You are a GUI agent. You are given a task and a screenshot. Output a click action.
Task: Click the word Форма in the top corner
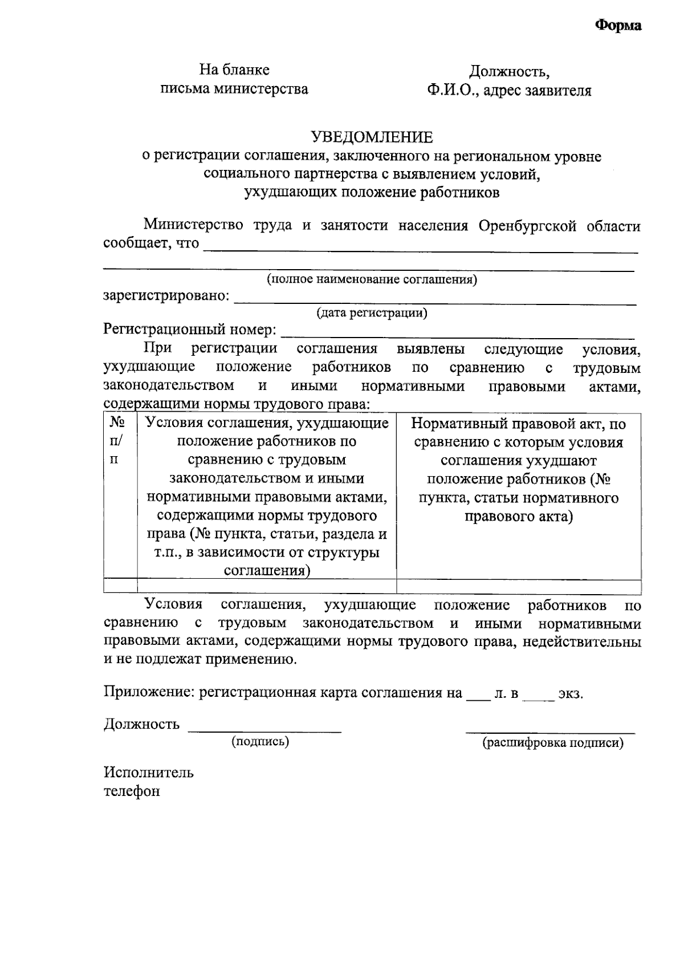[x=618, y=26]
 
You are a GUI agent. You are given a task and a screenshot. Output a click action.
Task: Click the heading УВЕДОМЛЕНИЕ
[x=372, y=137]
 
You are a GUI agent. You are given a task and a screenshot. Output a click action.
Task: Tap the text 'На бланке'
[x=234, y=70]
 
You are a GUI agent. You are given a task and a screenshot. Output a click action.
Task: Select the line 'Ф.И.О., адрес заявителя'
[x=510, y=91]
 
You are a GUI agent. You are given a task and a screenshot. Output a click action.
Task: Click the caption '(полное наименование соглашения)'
[x=372, y=279]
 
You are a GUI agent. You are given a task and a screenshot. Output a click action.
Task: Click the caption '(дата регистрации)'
[x=372, y=312]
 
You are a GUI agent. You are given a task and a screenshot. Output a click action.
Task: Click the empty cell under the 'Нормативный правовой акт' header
[x=519, y=586]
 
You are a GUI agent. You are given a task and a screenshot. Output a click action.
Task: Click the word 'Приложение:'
[x=147, y=693]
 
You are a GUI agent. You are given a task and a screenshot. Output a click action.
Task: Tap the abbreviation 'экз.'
[x=571, y=694]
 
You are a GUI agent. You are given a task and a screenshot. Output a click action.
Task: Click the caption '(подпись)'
[x=260, y=741]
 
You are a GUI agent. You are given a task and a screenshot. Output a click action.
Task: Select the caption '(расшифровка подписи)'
[x=552, y=743]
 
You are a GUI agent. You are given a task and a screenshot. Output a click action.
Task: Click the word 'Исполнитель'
[x=148, y=773]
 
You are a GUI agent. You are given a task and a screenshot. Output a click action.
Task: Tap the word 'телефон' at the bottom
[x=132, y=791]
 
